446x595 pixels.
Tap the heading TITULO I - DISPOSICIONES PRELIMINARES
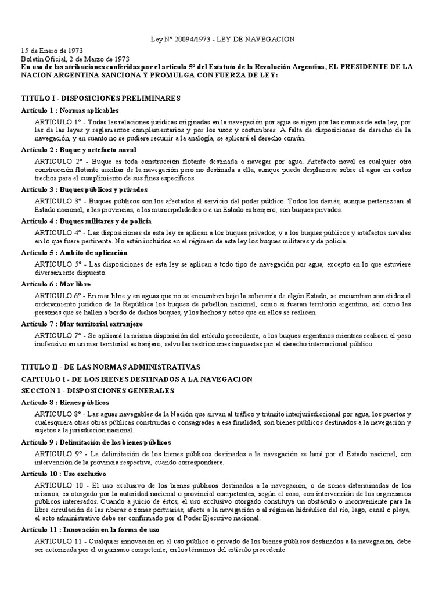click(100, 99)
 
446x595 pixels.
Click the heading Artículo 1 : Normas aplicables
click(70, 110)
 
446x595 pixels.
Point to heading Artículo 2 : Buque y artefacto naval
click(78, 150)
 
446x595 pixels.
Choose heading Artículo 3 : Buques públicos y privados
click(84, 189)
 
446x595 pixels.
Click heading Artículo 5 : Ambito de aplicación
click(74, 253)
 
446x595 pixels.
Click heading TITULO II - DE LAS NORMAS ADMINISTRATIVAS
click(110, 367)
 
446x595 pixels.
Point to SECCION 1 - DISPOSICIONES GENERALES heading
click(98, 390)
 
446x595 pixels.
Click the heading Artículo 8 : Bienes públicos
click(65, 402)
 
